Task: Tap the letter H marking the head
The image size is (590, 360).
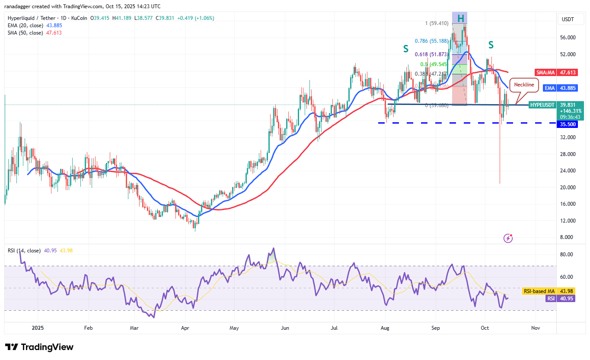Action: click(461, 18)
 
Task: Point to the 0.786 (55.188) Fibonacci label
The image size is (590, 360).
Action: click(431, 41)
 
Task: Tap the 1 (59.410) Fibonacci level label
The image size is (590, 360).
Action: click(437, 23)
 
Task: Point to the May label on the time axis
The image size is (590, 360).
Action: click(234, 328)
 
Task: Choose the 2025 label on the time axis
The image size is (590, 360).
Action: click(37, 328)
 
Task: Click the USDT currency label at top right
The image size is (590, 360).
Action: click(568, 19)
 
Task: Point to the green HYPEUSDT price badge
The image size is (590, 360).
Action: click(542, 105)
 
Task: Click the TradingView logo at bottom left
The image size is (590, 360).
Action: click(39, 347)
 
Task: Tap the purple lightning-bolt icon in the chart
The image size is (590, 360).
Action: click(508, 238)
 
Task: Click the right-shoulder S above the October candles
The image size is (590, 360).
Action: click(491, 45)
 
